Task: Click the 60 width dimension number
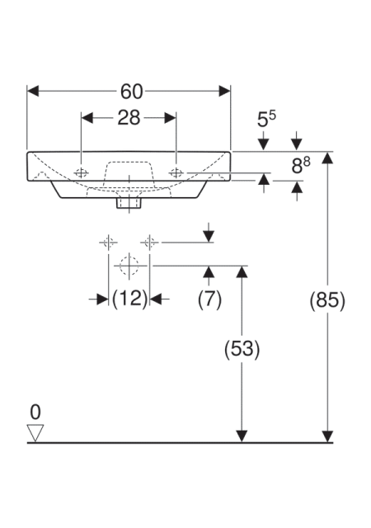pos(132,92)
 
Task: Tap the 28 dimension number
pos(129,118)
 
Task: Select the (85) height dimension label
pos(327,299)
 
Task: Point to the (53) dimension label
pos(242,348)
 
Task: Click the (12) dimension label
pos(129,299)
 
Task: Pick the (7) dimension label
pos(209,299)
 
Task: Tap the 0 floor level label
pos(35,412)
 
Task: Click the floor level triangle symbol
pos(35,432)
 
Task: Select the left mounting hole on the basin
pos(81,173)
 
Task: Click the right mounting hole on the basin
pos(176,173)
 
